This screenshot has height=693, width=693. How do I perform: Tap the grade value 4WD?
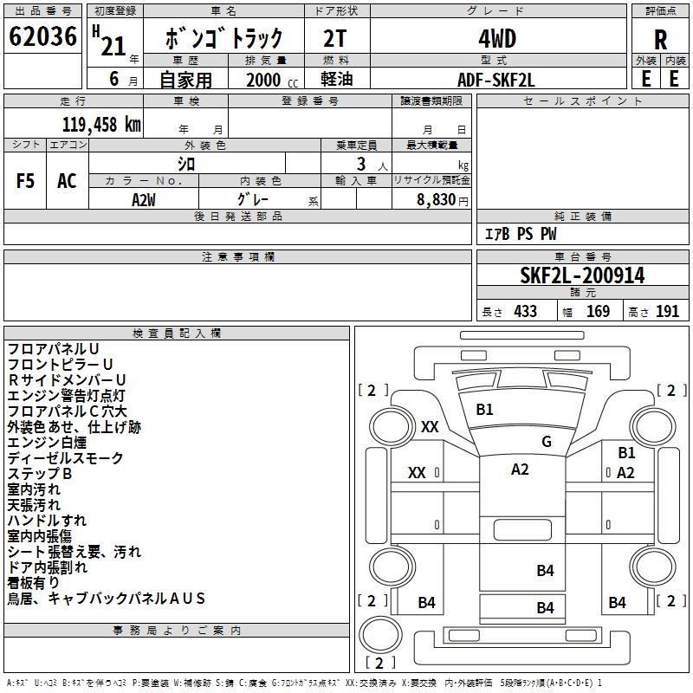[497, 39]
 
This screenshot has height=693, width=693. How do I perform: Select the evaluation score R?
[660, 40]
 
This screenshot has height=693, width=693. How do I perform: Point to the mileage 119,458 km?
[101, 124]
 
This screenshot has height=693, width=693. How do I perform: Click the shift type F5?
[26, 181]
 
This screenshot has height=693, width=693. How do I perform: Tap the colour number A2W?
[144, 198]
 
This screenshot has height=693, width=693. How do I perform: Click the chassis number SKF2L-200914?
[582, 275]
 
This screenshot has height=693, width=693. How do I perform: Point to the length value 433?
[522, 311]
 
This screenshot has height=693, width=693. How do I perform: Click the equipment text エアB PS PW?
[520, 235]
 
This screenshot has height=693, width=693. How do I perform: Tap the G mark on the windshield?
[547, 441]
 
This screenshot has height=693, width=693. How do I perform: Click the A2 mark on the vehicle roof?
[520, 470]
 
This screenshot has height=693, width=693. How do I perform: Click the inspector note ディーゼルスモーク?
[65, 457]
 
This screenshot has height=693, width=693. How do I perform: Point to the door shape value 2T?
[336, 39]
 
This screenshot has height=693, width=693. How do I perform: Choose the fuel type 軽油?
[337, 80]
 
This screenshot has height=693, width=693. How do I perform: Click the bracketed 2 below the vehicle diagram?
[374, 664]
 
